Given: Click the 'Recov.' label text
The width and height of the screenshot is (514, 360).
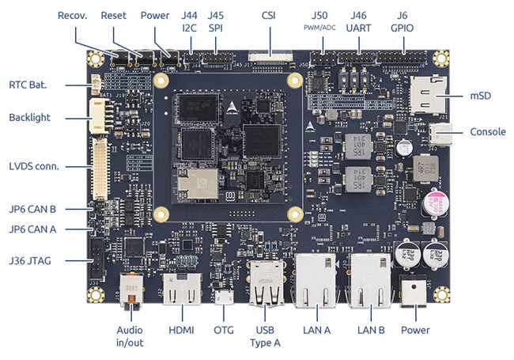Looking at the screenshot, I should [71, 16].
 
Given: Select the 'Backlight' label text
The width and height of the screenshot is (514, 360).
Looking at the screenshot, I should [30, 118].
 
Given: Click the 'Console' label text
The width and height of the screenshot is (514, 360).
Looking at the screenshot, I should [488, 132].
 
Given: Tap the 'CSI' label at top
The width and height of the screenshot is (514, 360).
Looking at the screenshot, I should [268, 16].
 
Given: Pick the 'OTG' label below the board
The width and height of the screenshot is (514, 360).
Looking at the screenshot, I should [224, 329].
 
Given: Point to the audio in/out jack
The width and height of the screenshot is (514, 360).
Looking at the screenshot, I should [130, 290].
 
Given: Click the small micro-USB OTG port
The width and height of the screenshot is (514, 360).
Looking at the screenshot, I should [224, 299].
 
